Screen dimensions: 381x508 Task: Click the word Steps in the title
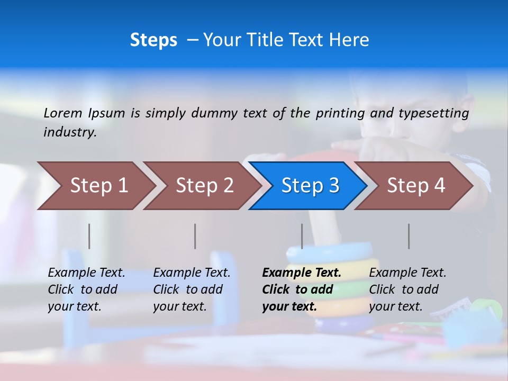[x=153, y=40]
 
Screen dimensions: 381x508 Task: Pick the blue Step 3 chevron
[x=310, y=186]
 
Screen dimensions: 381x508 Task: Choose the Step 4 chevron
[x=416, y=186]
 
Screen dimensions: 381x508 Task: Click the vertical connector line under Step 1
[x=89, y=236]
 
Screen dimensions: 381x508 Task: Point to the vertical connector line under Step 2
[x=195, y=236]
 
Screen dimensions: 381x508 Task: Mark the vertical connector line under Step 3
[x=302, y=236]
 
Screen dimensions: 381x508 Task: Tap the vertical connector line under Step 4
[x=409, y=236]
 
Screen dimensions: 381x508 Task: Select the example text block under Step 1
[x=87, y=289]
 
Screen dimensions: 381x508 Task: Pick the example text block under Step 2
[x=192, y=289]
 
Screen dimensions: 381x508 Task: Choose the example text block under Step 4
[x=408, y=289]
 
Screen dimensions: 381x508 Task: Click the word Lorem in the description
[x=63, y=113]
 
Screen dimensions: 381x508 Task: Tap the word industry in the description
[x=69, y=132]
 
